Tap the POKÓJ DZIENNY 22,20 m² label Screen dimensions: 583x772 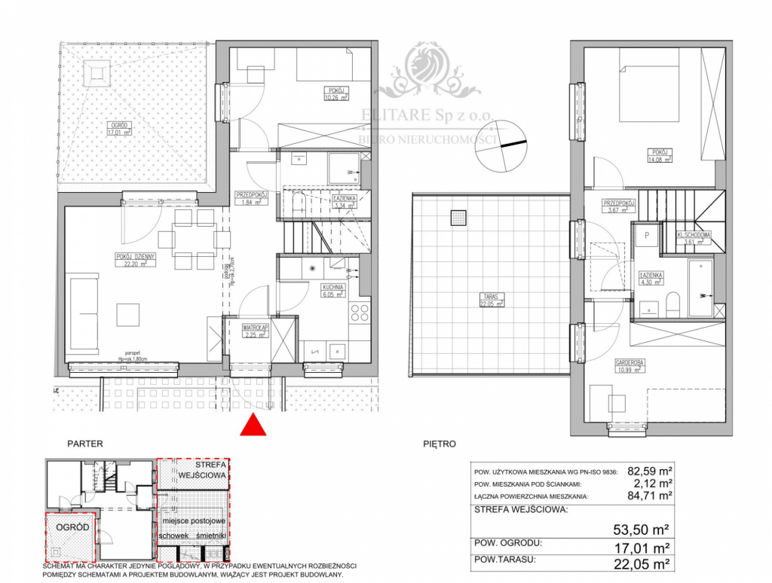pos(136,260)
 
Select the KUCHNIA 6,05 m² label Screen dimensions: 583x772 pos(332,291)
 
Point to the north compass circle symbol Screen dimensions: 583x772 pos(498,147)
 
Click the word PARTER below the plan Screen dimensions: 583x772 pos(84,444)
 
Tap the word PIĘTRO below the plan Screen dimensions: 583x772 pos(440,444)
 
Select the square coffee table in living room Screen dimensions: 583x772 pos(127,314)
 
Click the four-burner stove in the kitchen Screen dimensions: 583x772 pos(359,313)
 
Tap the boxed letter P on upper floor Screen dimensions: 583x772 pos(646,235)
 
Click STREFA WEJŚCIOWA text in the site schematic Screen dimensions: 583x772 pos(193,470)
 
